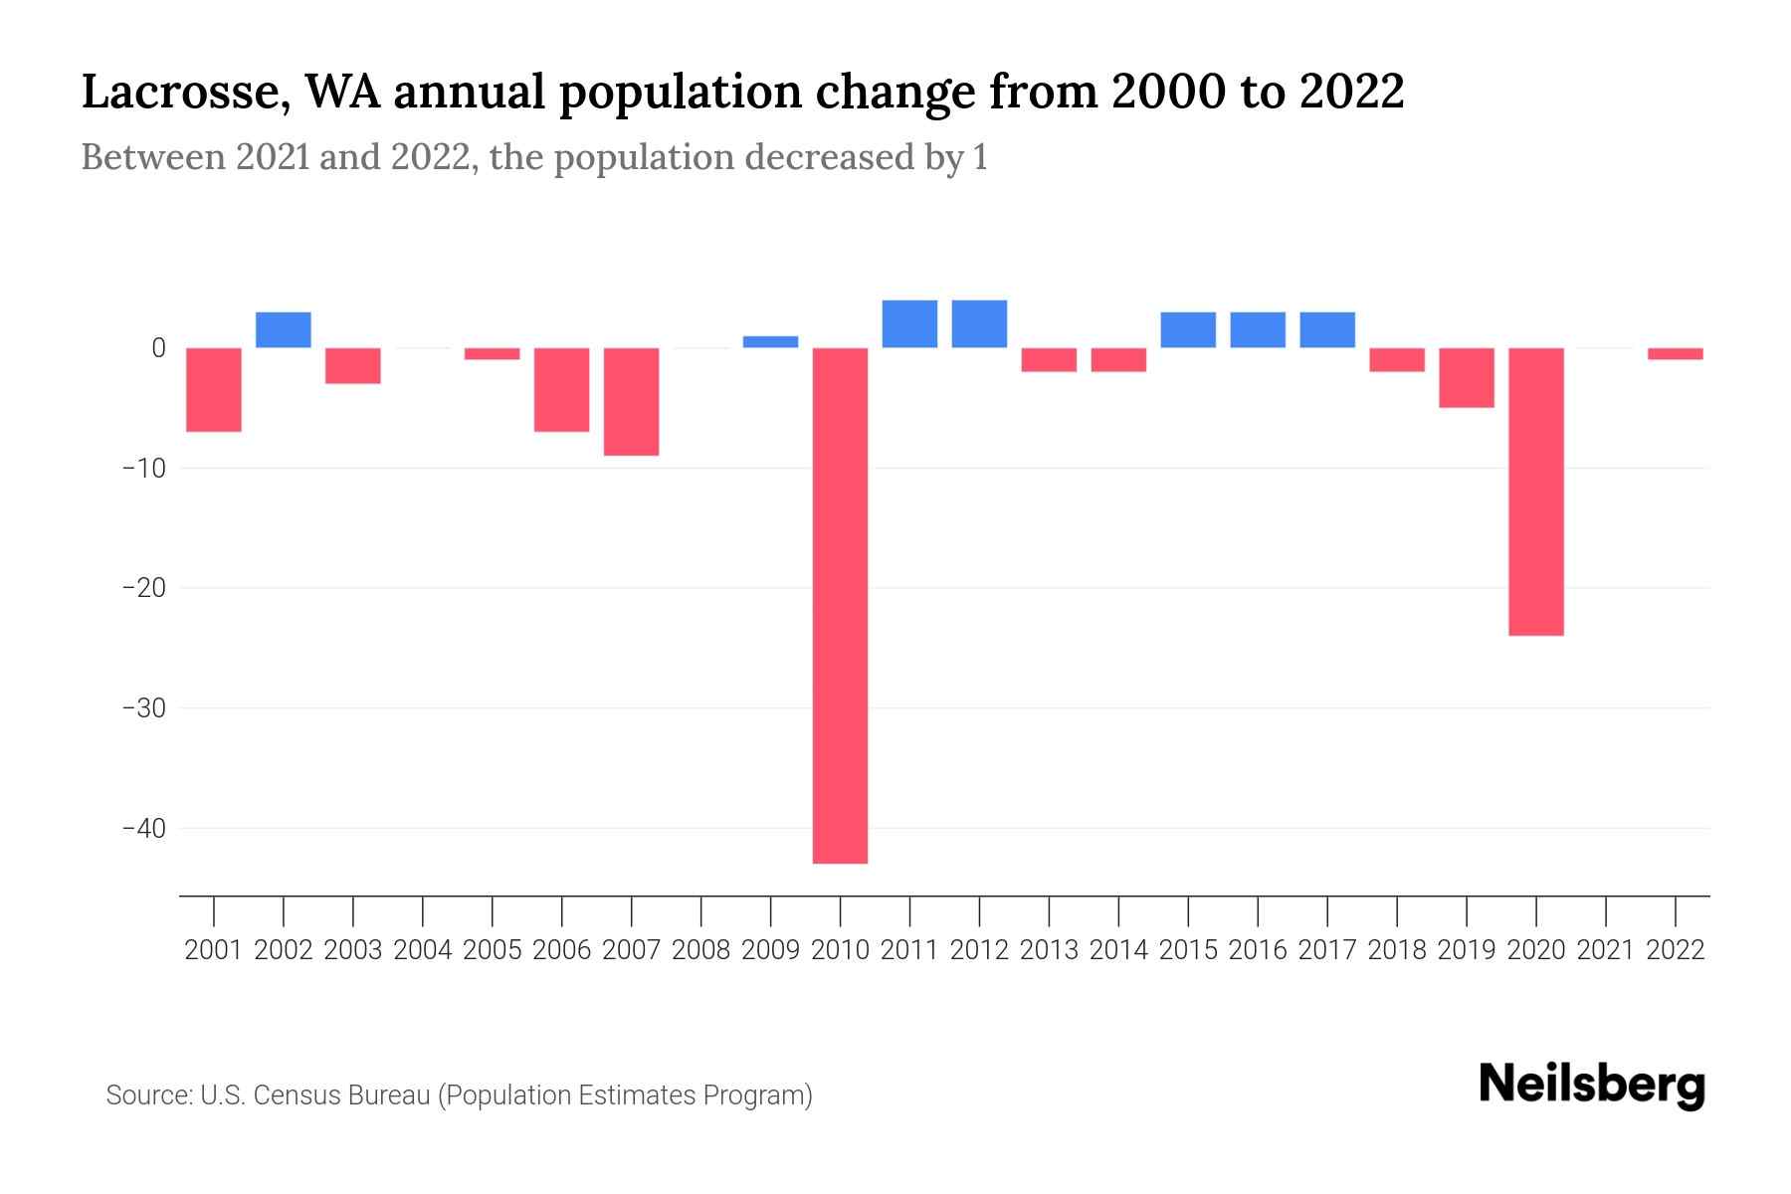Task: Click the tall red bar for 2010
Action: click(840, 605)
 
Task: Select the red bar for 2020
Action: click(1535, 492)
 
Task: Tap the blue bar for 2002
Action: click(284, 329)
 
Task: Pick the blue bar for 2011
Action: click(909, 323)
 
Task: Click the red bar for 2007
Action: click(631, 401)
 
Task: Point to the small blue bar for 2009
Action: click(770, 341)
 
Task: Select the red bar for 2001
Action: click(214, 389)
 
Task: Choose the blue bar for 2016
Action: click(1258, 329)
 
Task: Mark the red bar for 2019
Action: click(1466, 377)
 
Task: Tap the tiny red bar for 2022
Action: click(1675, 353)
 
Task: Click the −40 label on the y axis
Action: click(143, 828)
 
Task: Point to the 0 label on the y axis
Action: click(158, 348)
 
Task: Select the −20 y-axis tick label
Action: click(143, 588)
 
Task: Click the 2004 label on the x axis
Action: click(423, 950)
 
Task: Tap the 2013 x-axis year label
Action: click(1049, 950)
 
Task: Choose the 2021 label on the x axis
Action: click(1605, 950)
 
